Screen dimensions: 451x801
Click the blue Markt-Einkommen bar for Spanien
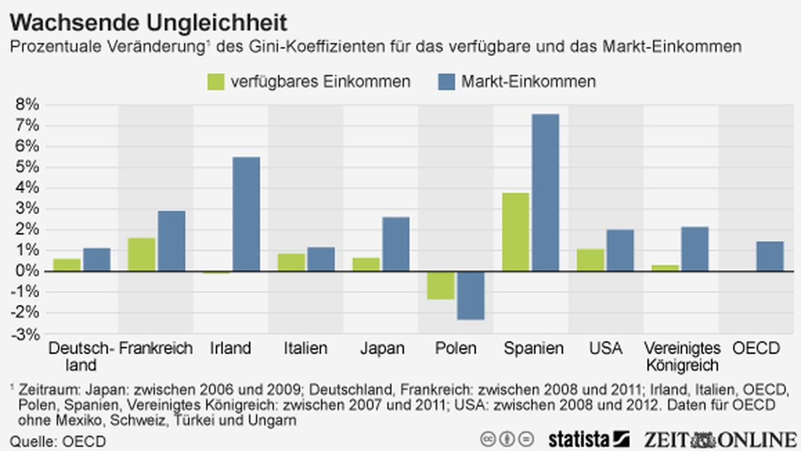click(546, 192)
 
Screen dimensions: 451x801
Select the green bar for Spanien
click(516, 232)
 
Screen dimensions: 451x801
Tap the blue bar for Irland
click(246, 214)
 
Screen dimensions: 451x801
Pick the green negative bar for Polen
click(441, 286)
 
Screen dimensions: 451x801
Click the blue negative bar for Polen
click(471, 296)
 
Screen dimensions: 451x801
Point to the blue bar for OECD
click(770, 256)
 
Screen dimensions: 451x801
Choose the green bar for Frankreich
click(142, 254)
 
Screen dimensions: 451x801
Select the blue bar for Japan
click(396, 244)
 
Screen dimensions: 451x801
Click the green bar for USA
click(590, 260)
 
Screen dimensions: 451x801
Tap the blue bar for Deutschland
click(97, 260)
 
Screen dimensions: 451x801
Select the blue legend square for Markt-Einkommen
click(445, 81)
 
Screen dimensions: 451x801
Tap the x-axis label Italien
click(306, 349)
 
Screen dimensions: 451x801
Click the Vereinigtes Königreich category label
click(682, 357)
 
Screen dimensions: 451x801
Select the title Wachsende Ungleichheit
click(148, 23)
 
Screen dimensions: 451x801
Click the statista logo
click(588, 439)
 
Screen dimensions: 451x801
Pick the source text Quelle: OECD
click(58, 442)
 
